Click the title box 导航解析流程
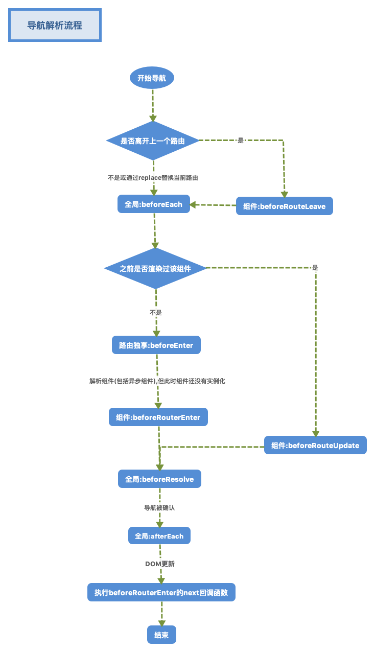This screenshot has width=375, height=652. pos(55,25)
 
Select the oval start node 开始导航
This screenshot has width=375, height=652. pos(152,78)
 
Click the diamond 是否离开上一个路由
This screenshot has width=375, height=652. pos(153,141)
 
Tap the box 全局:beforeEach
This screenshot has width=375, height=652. pos(154,204)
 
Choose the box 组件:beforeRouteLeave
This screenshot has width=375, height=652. pos(284,206)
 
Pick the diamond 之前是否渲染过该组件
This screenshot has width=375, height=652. pos(155,268)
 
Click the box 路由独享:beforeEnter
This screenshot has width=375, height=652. pos(156,345)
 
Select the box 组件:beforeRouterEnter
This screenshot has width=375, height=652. pos(158,417)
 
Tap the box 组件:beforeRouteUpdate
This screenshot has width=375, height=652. pos(315,445)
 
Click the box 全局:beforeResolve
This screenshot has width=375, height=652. pos(159,479)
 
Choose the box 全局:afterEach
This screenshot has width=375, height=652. pos(159,535)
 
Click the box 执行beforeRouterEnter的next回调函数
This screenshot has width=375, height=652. pos(161,592)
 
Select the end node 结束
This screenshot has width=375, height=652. pos(161,635)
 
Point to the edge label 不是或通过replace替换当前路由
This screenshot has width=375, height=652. pos(153,177)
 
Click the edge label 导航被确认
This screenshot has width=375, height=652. pos(159,507)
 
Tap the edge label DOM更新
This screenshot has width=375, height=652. pos(160,564)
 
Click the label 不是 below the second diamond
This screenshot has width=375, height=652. pos(156,313)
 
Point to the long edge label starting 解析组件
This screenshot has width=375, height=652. pos(157,381)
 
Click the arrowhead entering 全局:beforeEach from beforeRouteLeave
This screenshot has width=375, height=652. pos(193,204)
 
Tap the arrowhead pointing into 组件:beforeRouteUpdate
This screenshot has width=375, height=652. pos(316,433)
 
